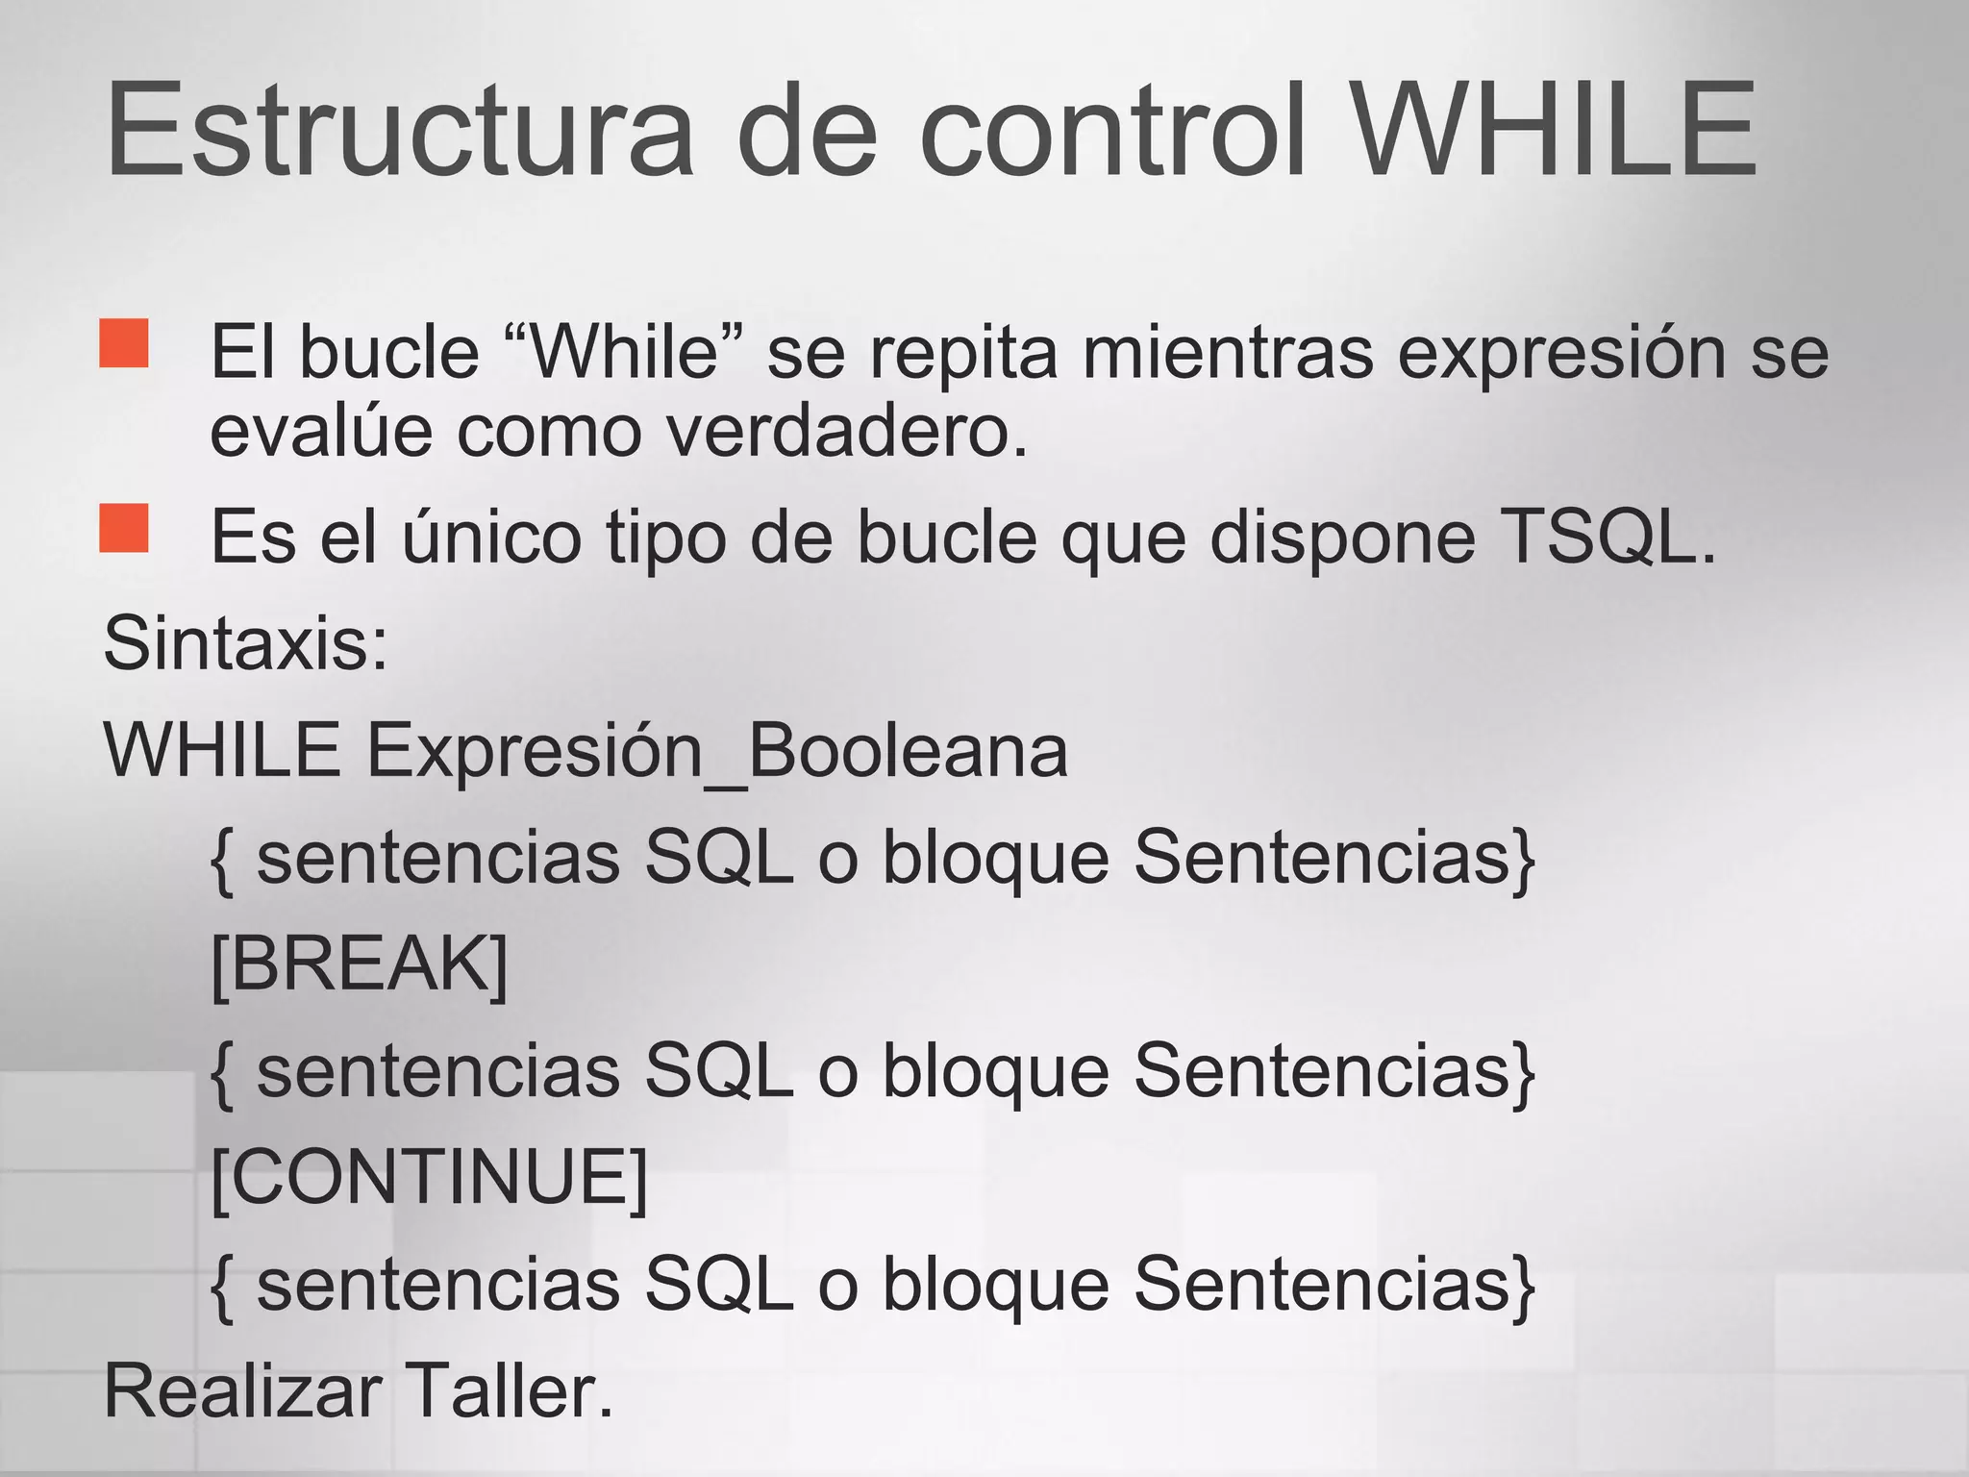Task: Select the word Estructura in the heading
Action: point(399,130)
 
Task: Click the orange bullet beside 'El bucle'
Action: point(124,343)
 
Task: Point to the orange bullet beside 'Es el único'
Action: point(124,528)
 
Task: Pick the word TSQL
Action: point(1607,537)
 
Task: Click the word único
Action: point(491,537)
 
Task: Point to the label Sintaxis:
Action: point(246,642)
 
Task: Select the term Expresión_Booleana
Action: point(717,750)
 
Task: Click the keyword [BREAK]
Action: point(359,964)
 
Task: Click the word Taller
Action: point(509,1390)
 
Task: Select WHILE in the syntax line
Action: point(222,750)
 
